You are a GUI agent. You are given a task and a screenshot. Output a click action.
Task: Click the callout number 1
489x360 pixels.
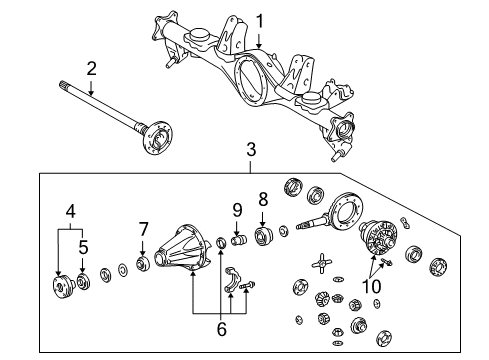[258, 19]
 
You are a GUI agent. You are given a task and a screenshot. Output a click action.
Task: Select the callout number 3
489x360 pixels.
[251, 151]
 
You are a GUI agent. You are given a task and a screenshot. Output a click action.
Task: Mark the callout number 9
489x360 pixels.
[237, 209]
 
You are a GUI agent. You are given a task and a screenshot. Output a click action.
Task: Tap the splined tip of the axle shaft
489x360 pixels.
[66, 85]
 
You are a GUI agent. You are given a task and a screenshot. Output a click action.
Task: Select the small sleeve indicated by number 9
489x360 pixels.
[239, 240]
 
